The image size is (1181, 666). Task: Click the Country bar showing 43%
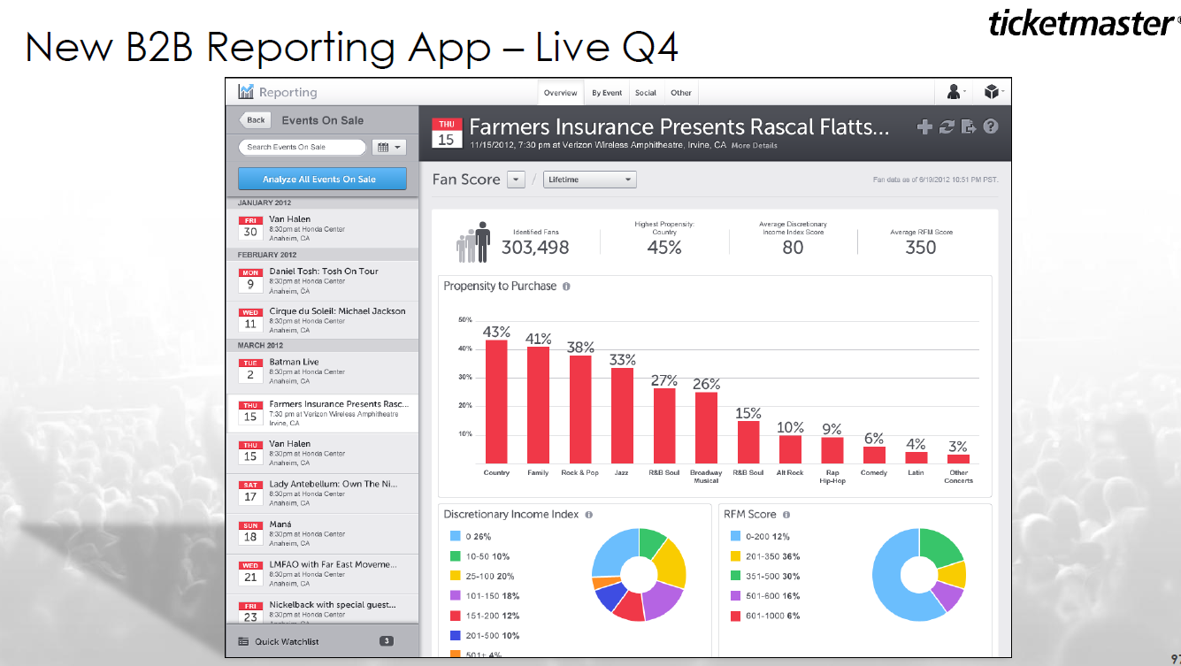click(496, 402)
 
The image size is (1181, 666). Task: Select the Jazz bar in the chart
click(622, 416)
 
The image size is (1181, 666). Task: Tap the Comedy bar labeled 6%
click(874, 455)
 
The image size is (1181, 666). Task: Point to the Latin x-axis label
click(916, 473)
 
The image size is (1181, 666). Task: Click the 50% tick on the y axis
click(465, 320)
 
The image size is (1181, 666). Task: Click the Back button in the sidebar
click(255, 120)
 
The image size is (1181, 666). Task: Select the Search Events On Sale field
click(302, 147)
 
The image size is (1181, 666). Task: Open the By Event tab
click(607, 93)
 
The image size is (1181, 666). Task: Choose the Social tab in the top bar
click(646, 93)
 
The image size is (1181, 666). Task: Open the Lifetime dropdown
click(589, 180)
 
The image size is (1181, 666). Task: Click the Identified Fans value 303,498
click(535, 248)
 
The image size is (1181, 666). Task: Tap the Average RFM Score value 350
click(920, 248)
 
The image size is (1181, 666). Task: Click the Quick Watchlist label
click(287, 641)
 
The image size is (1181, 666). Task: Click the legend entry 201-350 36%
click(772, 557)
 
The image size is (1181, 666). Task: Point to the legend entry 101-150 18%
click(492, 596)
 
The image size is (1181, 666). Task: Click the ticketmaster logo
click(1080, 24)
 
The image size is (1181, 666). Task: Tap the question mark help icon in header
click(991, 126)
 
